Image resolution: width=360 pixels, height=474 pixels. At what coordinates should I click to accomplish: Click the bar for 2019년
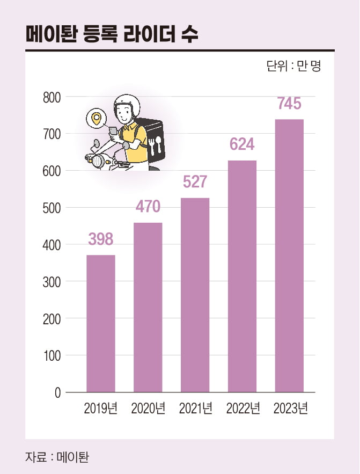click(x=101, y=323)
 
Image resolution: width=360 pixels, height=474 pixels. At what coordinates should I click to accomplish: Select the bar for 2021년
click(x=195, y=295)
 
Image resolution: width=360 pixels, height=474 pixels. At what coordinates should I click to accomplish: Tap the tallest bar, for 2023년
click(x=290, y=256)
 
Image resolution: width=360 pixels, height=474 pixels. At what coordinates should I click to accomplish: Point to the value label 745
click(x=290, y=104)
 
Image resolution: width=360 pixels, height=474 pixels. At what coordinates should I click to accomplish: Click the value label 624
click(x=242, y=144)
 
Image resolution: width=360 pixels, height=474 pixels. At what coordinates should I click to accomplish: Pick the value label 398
click(x=101, y=239)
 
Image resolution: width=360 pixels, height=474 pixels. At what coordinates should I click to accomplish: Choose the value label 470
click(x=148, y=207)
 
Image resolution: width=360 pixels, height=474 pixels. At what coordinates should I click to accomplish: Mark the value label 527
click(x=195, y=182)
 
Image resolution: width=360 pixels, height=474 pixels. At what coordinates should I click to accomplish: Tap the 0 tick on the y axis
click(x=57, y=393)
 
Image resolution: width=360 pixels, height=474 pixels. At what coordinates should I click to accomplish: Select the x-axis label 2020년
click(x=148, y=409)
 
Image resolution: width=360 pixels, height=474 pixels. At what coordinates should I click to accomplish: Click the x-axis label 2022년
click(x=243, y=409)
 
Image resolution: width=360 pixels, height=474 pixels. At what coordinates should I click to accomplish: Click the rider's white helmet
click(x=126, y=107)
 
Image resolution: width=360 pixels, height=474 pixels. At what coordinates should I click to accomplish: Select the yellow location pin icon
click(x=97, y=118)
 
